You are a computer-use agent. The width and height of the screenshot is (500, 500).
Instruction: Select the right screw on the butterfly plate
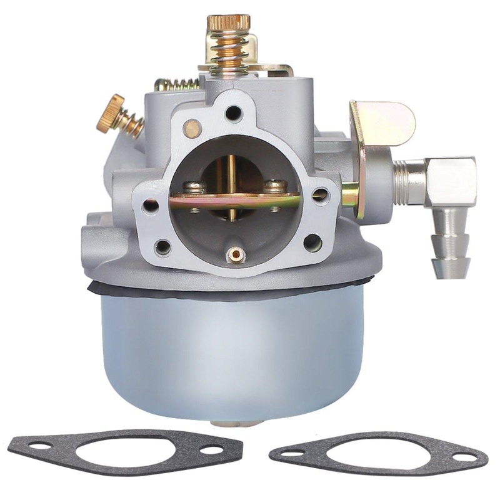(x=272, y=186)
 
